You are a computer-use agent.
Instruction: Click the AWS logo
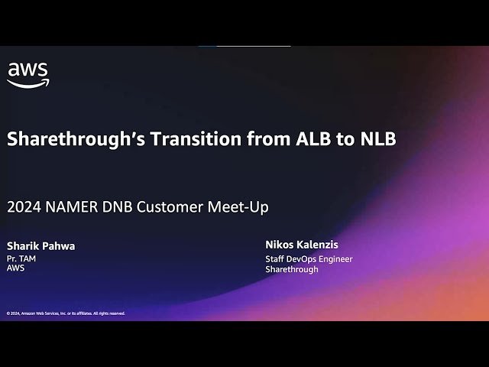[28, 74]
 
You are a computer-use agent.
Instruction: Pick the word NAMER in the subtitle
[69, 206]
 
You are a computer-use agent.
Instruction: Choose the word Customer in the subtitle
[170, 206]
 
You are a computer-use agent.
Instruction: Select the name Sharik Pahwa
[41, 246]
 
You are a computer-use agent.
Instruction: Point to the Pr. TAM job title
[21, 258]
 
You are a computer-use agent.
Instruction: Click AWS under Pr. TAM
[16, 268]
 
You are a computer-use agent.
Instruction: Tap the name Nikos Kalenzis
[302, 245]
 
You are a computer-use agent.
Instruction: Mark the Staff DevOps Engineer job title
[309, 258]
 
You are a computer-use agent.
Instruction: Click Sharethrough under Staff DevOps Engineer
[292, 269]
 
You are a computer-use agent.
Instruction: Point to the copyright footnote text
[66, 313]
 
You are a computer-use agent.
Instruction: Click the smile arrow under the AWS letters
[29, 83]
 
